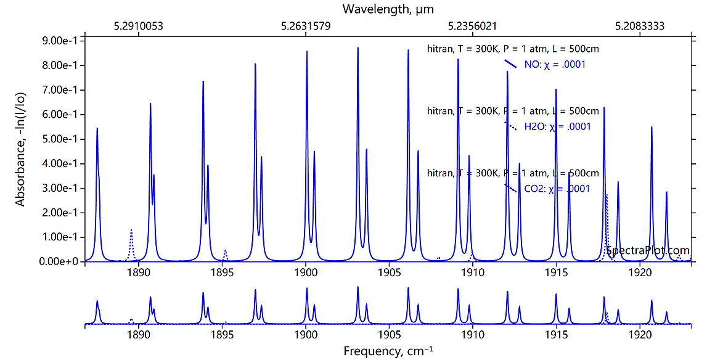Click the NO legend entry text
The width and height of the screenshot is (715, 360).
click(x=554, y=65)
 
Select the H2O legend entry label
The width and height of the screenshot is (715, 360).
click(x=557, y=127)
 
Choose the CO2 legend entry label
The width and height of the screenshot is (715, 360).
click(x=557, y=189)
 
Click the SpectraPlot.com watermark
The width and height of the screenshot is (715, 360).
click(x=647, y=250)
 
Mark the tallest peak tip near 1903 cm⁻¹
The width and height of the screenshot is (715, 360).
click(x=357, y=48)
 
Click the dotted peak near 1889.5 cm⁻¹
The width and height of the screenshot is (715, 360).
click(x=131, y=230)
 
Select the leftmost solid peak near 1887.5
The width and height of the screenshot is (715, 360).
click(x=97, y=129)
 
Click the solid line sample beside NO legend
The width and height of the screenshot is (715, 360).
click(x=510, y=63)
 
